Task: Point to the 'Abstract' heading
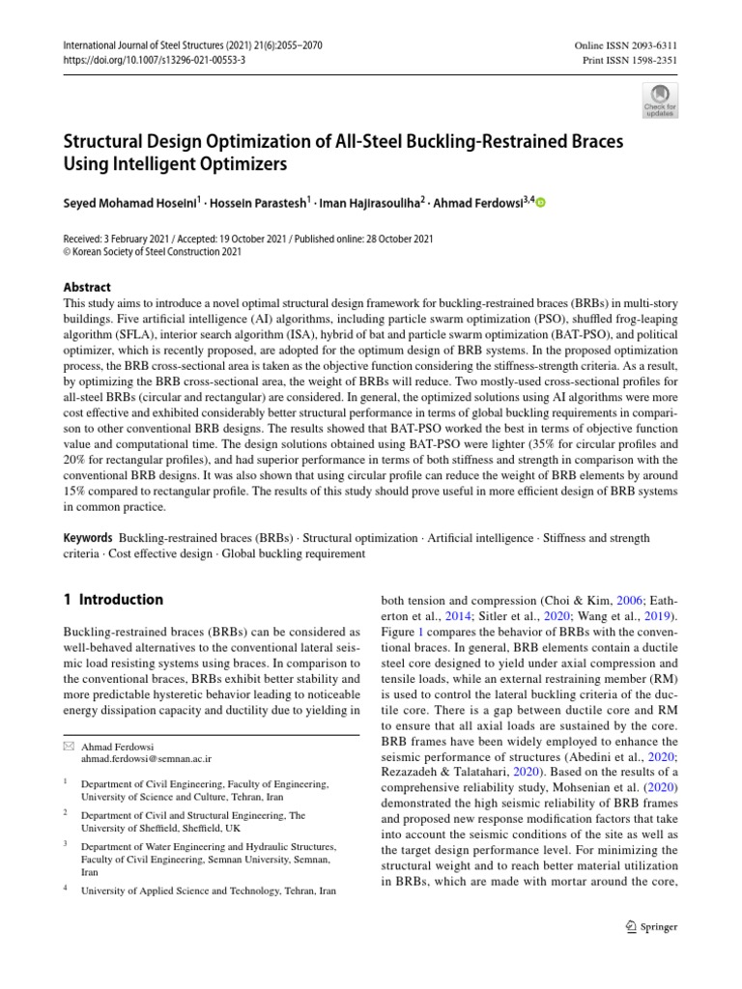coord(86,287)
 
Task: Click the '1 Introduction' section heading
coord(113,600)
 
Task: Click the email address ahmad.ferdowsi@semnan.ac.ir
coord(146,759)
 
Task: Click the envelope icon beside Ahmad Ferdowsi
coord(67,746)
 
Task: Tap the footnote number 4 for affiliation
coord(65,890)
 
